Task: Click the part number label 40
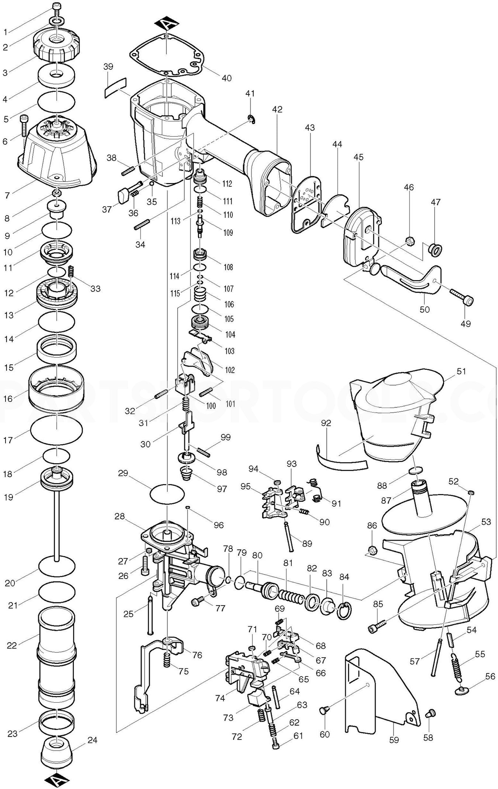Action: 226,78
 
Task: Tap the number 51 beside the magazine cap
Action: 461,371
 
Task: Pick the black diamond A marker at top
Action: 166,25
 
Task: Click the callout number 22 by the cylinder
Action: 12,645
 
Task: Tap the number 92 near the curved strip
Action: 326,423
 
